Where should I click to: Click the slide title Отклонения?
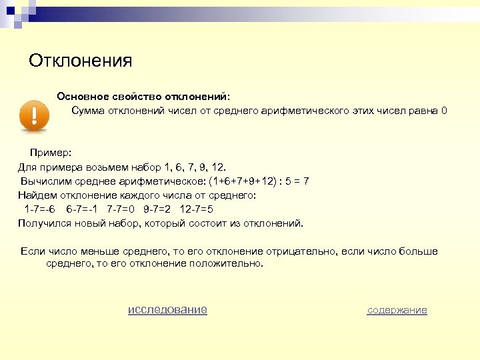[x=81, y=61]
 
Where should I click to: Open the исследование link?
[x=167, y=309]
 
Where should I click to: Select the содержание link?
[x=397, y=310]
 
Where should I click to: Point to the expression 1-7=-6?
[x=40, y=209]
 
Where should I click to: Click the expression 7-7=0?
[x=120, y=209]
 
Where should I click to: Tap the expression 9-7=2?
[x=157, y=209]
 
